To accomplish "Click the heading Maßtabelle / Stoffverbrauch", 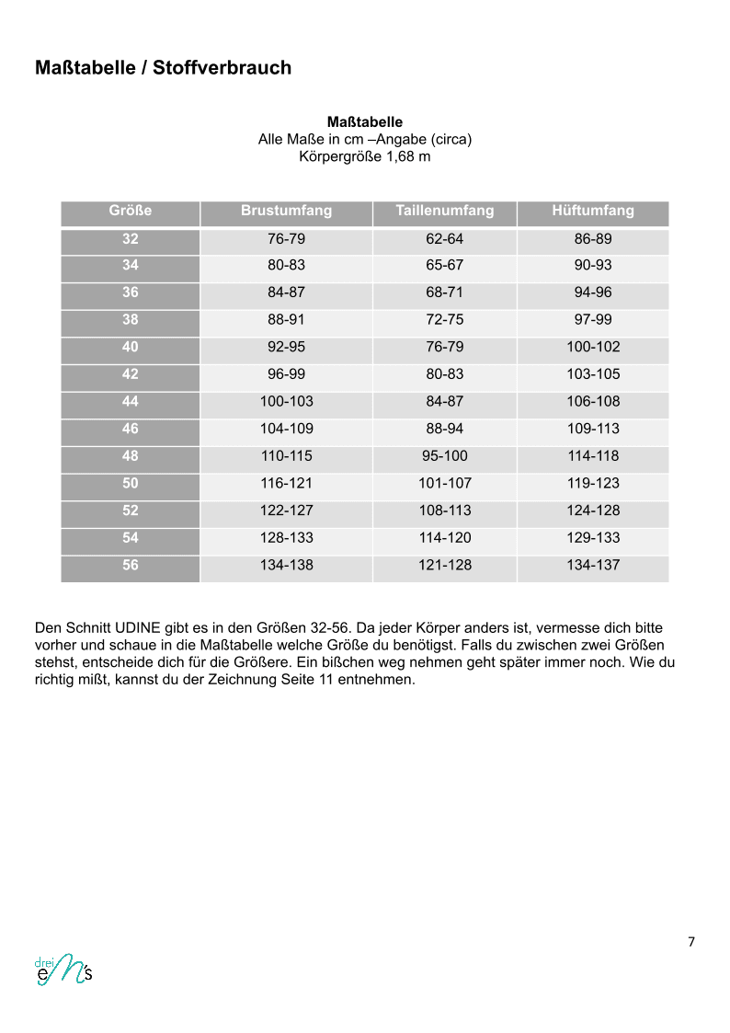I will tap(163, 67).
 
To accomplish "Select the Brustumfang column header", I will tap(286, 211).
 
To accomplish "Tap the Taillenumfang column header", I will tap(444, 211).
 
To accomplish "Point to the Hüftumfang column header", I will tap(593, 211).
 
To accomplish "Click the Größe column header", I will tap(130, 211).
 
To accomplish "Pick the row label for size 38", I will tap(130, 320).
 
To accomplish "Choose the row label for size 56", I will tap(130, 565).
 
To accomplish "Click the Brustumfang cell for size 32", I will tap(286, 238).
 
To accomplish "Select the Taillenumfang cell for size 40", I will tap(444, 347).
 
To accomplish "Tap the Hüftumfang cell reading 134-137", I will tap(593, 565).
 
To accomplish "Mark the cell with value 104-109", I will tap(286, 429).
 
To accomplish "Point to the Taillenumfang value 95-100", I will tap(444, 455).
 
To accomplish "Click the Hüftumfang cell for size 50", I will tap(593, 483).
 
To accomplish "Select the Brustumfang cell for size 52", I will tap(286, 511).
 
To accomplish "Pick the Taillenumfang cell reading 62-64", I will tap(444, 238).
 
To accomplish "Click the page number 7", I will tap(690, 941).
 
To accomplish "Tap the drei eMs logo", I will tap(63, 970).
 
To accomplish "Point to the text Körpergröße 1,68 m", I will tap(364, 156).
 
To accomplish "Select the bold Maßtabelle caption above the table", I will tap(364, 121).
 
